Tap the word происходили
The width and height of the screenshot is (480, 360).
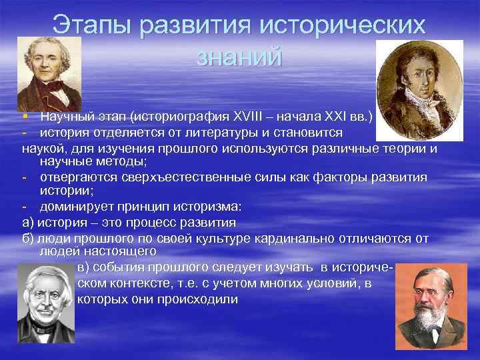tap(198, 299)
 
